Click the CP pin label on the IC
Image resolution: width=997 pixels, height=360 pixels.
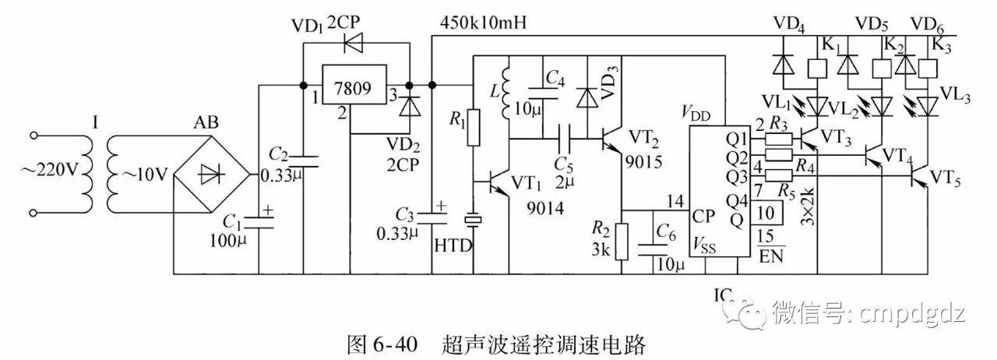click(x=702, y=214)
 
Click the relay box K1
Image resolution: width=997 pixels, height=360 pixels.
click(x=818, y=70)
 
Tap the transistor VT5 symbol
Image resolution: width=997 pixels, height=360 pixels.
click(x=923, y=177)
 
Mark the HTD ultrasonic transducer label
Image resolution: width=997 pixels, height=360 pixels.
click(x=453, y=245)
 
